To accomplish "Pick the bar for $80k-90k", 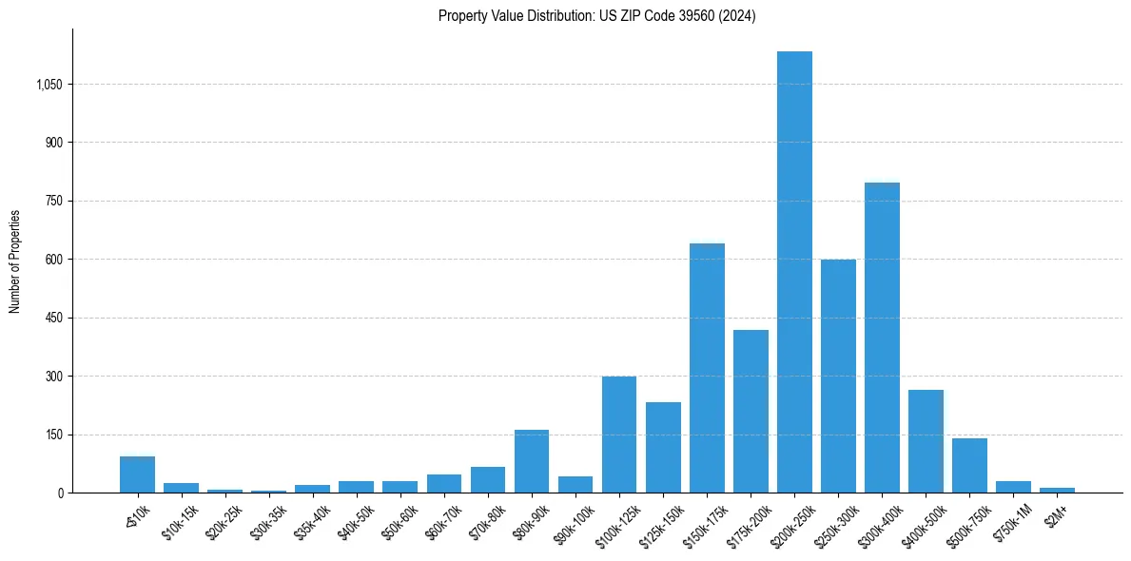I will (532, 461).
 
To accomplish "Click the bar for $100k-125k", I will (619, 435).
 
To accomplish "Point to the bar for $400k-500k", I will (926, 441).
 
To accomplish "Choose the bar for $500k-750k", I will (969, 466).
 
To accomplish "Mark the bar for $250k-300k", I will (838, 376).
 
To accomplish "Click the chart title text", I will (596, 16).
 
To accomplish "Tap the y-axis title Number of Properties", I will (15, 261).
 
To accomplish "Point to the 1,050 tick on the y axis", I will (49, 85).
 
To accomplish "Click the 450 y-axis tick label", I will (53, 318).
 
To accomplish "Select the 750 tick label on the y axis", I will (53, 201).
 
